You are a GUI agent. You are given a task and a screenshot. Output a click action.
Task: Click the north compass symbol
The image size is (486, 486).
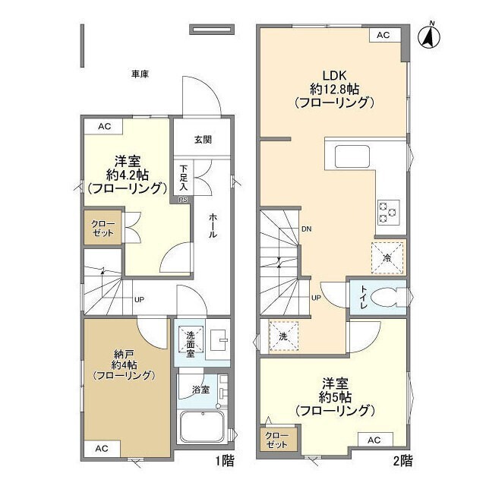point(429,36)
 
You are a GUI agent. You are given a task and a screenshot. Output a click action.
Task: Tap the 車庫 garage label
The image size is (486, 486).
point(140,74)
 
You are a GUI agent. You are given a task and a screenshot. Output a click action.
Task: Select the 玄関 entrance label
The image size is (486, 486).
point(203,140)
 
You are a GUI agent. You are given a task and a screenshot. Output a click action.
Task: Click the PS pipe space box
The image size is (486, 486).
point(183,200)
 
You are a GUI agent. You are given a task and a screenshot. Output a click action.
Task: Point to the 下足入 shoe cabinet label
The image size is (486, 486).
point(184,178)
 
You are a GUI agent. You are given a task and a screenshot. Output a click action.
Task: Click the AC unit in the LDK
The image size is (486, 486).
point(383,35)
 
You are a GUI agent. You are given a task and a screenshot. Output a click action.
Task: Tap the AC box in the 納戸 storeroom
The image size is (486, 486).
point(102,449)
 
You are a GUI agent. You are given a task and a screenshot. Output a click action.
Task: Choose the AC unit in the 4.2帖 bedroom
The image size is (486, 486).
point(104,127)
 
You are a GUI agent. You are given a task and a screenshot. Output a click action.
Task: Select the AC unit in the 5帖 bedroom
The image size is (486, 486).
point(374,440)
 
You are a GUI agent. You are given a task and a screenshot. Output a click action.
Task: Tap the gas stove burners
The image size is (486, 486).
point(388,213)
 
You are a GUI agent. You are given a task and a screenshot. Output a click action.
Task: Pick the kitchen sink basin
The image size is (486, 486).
point(352,156)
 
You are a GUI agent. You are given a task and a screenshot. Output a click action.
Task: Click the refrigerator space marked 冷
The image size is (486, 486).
point(387,258)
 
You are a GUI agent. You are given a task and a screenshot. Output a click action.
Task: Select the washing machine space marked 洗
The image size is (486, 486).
point(283,336)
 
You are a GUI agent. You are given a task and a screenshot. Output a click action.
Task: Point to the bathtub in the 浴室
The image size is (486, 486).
point(203,427)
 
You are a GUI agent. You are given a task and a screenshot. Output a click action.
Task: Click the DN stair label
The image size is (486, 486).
point(307,229)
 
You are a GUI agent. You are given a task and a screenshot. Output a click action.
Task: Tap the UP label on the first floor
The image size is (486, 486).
point(139,300)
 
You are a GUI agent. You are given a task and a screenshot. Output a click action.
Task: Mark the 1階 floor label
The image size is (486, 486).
point(225,461)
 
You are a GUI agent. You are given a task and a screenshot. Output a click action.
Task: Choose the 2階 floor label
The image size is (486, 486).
point(403,461)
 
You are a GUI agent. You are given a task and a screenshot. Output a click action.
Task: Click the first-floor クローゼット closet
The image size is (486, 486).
point(103,228)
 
